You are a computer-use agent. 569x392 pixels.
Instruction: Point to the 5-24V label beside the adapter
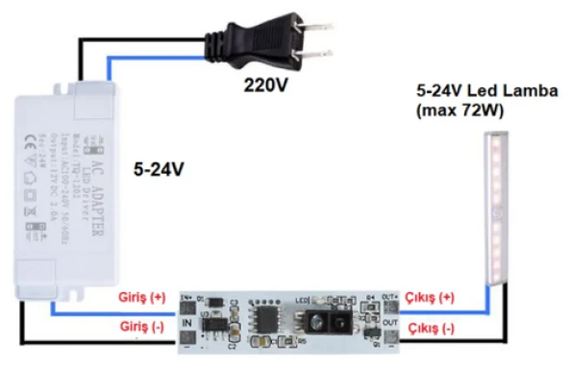(x=159, y=169)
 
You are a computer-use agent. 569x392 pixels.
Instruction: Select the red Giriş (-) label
(x=141, y=327)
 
